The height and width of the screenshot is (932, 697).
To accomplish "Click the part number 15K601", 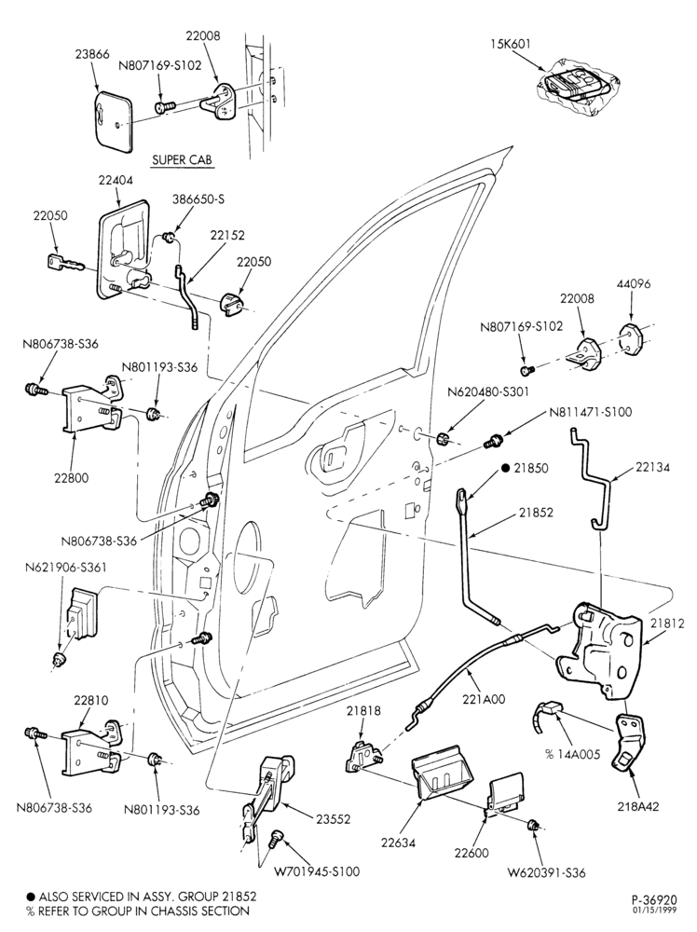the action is coord(511,44).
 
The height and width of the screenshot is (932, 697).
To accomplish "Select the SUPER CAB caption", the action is coord(182,160).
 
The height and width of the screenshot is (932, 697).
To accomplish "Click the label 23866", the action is coord(92,54).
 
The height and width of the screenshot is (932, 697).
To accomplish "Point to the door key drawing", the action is coord(66,264).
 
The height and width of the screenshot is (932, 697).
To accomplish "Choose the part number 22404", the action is coord(116,180).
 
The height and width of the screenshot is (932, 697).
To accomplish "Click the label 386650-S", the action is coord(198,199).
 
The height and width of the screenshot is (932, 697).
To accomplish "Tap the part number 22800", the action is coord(71,477).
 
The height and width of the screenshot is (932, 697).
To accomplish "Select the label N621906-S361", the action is coord(66,567).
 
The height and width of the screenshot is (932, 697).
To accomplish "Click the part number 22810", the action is coord(91,700).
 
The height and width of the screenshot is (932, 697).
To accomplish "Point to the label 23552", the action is coord(333,819).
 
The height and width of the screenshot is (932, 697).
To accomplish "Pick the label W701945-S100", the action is coord(317,872).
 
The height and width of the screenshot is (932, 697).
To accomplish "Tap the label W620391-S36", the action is coord(546,872).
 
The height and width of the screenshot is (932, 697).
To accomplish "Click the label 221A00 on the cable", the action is coord(485,699).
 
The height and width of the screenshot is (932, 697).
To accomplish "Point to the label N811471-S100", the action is coord(591,412).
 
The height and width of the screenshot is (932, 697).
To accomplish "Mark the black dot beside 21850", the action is coord(506,469).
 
